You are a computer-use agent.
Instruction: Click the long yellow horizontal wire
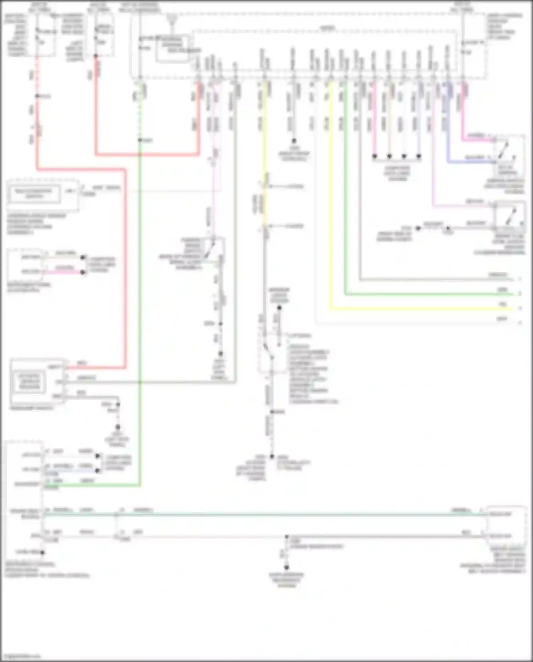pyautogui.click(x=419, y=309)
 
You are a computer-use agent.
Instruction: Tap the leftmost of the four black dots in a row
pyautogui.click(x=375, y=156)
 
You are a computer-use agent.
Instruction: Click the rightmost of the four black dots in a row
pyautogui.click(x=419, y=156)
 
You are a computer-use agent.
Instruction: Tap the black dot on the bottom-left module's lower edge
pyautogui.click(x=42, y=552)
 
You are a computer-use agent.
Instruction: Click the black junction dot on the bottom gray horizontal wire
pyautogui.click(x=287, y=537)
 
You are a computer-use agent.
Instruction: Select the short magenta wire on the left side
pyautogui.click(x=64, y=272)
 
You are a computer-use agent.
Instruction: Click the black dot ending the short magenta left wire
pyautogui.click(x=83, y=272)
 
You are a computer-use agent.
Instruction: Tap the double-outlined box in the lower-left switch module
pyautogui.click(x=29, y=382)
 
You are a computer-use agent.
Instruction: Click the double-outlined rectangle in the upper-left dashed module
pyautogui.click(x=34, y=194)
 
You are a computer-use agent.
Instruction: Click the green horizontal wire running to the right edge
pyautogui.click(x=426, y=294)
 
